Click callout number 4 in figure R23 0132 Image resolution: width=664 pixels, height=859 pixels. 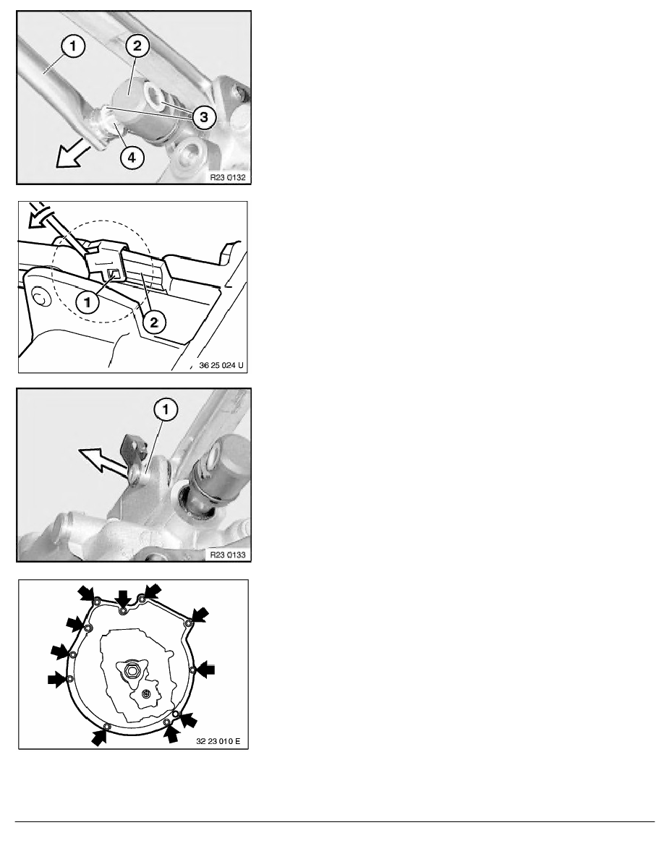click(x=132, y=158)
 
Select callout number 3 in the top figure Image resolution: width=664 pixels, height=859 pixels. click(x=204, y=116)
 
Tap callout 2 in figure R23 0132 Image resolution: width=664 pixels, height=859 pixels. click(x=137, y=46)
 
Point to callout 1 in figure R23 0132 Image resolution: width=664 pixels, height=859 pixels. click(x=73, y=46)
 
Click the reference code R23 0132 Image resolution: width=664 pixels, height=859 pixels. click(x=228, y=177)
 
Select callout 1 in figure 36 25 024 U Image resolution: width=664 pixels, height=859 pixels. click(x=88, y=302)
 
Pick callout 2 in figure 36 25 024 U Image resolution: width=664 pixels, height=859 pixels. click(x=154, y=322)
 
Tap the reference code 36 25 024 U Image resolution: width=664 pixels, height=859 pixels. click(x=221, y=365)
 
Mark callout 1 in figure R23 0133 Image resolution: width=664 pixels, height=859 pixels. click(x=166, y=409)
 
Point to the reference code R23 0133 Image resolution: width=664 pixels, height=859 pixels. click(x=228, y=555)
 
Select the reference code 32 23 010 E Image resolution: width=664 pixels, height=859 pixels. click(x=218, y=741)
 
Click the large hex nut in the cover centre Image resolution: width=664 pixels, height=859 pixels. click(x=132, y=670)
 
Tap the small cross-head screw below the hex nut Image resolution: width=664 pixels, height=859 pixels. click(x=145, y=694)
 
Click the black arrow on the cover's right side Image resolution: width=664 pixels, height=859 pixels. click(x=206, y=670)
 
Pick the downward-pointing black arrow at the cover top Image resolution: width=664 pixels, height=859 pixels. click(x=124, y=599)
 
